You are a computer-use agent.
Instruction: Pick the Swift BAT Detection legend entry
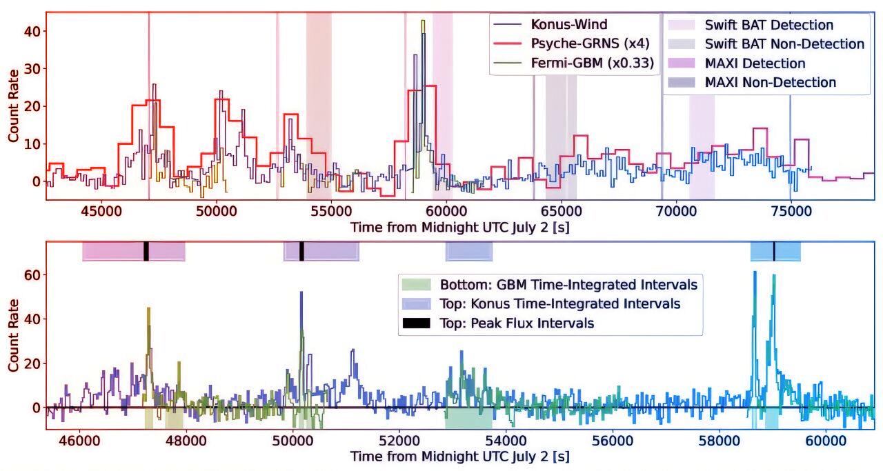[x=768, y=26]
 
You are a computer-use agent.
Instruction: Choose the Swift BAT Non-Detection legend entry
[x=784, y=44]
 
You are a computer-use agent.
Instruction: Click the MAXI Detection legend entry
[x=755, y=63]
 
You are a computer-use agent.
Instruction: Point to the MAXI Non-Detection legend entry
[x=770, y=83]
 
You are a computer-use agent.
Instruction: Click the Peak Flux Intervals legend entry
[x=517, y=323]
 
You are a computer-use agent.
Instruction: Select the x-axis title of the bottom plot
[x=459, y=457]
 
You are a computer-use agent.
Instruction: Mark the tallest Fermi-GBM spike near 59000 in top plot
[x=422, y=22]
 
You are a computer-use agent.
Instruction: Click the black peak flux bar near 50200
[x=301, y=251]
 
